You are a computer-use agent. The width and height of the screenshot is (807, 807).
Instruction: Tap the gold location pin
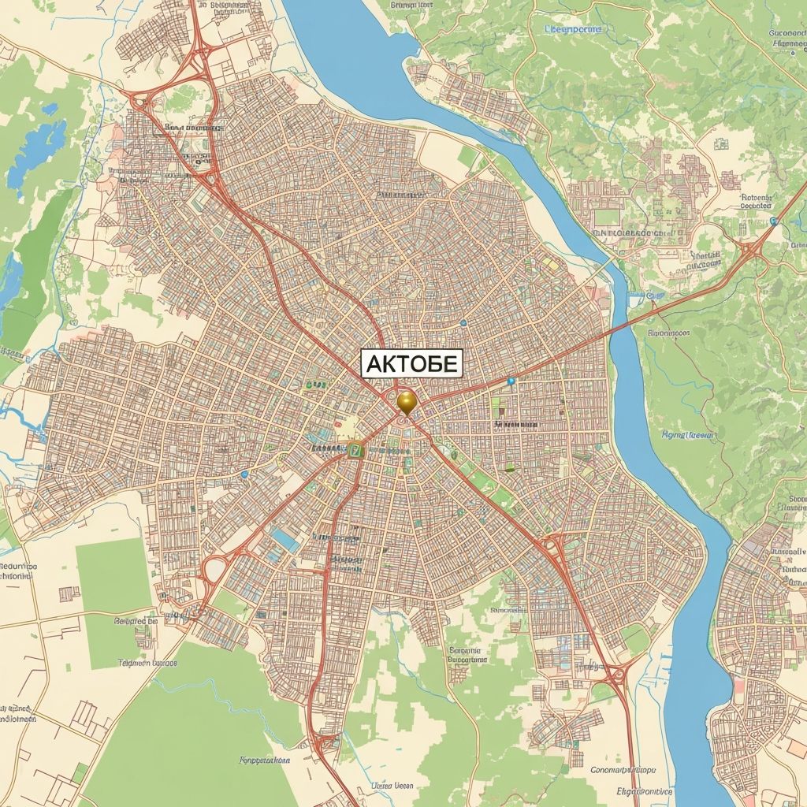click(x=406, y=401)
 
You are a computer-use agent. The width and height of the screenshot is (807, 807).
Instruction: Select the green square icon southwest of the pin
click(x=355, y=450)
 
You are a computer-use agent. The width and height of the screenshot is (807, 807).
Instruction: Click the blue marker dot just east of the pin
click(x=511, y=381)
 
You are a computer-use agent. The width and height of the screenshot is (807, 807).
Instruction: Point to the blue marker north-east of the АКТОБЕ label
click(x=463, y=322)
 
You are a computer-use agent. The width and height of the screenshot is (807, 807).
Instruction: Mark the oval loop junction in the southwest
click(x=214, y=568)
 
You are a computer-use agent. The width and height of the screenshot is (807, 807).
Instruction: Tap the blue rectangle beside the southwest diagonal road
click(x=285, y=540)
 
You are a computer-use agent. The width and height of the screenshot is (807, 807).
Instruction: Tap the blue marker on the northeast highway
click(x=774, y=221)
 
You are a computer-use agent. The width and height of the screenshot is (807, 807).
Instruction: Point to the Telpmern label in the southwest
click(x=147, y=663)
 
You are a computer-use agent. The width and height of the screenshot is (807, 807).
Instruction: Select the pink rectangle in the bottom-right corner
click(x=738, y=684)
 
